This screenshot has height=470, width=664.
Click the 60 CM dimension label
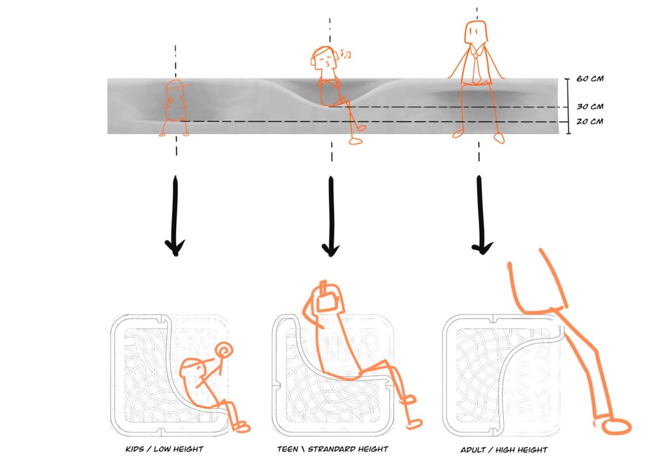coord(590,78)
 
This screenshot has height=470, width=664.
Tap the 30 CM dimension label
coord(590,107)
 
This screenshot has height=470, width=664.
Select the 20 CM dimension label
coord(590,121)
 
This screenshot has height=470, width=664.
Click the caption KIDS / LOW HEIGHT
coord(164,449)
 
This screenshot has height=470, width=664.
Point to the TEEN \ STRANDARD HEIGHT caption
coord(332,449)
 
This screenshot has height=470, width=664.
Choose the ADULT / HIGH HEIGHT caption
coord(504,450)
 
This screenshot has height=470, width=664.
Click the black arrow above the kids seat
coord(176,216)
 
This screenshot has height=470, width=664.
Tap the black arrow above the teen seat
coord(331,216)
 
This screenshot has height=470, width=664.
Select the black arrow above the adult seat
coord(481,215)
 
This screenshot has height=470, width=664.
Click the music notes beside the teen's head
coord(346,54)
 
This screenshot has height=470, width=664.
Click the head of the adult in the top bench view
coord(476,32)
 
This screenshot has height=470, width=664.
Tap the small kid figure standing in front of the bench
coord(174,108)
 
